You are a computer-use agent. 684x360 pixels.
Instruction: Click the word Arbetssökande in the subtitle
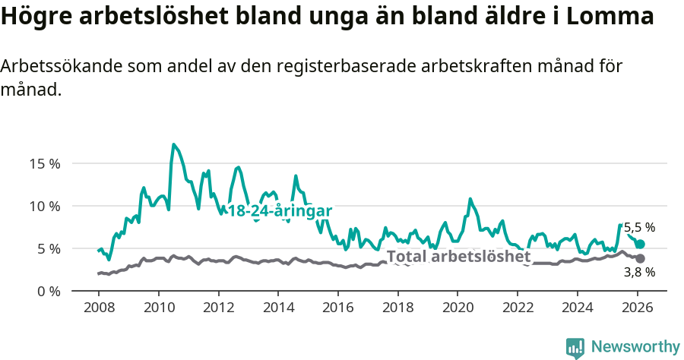57,66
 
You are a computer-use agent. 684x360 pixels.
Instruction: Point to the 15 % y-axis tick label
44,163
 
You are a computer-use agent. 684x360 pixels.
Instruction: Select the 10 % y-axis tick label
44,206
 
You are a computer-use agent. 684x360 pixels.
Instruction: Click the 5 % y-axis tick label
47,248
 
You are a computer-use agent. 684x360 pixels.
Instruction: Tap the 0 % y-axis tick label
47,291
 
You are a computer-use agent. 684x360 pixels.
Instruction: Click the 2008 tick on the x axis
99,308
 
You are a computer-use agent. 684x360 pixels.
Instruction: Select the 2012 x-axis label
218,308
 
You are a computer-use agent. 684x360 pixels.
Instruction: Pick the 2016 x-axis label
337,308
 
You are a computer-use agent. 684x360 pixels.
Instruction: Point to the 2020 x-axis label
458,308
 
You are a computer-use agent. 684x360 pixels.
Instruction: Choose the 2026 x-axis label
637,308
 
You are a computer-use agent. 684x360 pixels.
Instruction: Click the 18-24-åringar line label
280,210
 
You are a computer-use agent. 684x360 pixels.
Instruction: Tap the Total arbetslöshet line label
458,257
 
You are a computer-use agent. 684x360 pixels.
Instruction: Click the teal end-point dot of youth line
641,244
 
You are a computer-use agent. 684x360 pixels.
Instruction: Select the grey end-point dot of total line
641,259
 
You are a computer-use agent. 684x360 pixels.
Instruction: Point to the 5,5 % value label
639,227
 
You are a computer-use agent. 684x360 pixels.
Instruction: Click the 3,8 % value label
639,272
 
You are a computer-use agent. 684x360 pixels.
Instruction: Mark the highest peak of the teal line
174,144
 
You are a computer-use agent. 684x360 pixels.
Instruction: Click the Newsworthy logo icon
575,348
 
